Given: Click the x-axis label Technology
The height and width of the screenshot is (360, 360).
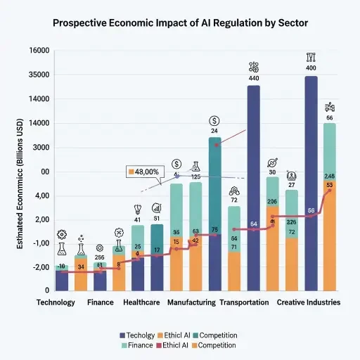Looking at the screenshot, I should (56, 302).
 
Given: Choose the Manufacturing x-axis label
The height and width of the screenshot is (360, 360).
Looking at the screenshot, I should (191, 302).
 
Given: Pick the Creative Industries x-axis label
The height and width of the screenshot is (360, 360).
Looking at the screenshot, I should (309, 302).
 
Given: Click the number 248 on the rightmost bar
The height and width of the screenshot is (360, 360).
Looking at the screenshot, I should (330, 176).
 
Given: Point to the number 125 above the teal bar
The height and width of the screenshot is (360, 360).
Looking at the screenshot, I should (196, 176).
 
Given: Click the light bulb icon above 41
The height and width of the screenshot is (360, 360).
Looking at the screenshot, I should (138, 209).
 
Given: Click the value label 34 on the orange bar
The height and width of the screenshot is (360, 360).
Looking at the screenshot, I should (81, 267).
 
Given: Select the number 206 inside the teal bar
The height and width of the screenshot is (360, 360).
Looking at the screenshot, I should (272, 202).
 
